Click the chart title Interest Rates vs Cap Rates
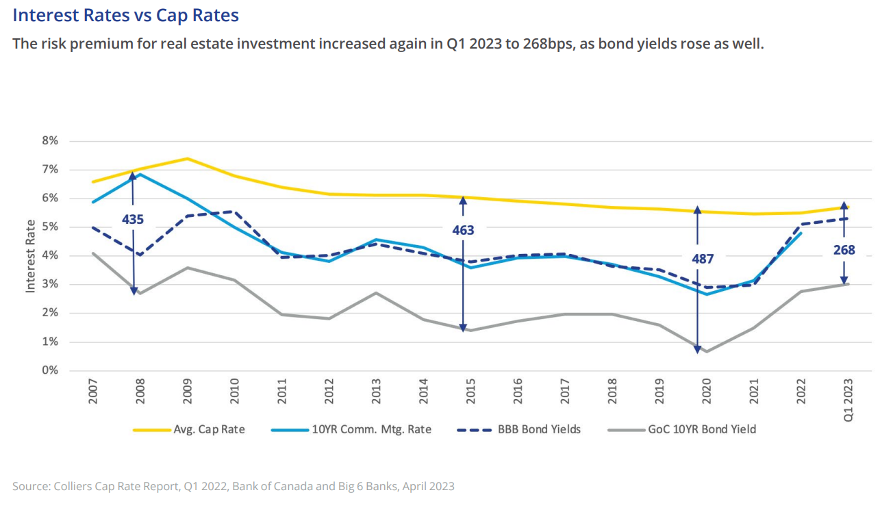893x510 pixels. [126, 14]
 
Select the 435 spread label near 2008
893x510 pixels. [133, 220]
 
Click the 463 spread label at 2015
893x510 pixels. [463, 231]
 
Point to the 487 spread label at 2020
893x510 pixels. [703, 259]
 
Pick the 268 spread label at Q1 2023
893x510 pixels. [844, 251]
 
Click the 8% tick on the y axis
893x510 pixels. [50, 141]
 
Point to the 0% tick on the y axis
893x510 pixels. [50, 371]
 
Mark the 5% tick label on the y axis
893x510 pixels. [50, 227]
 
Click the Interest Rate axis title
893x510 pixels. [30, 256]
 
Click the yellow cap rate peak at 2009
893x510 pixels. [188, 159]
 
